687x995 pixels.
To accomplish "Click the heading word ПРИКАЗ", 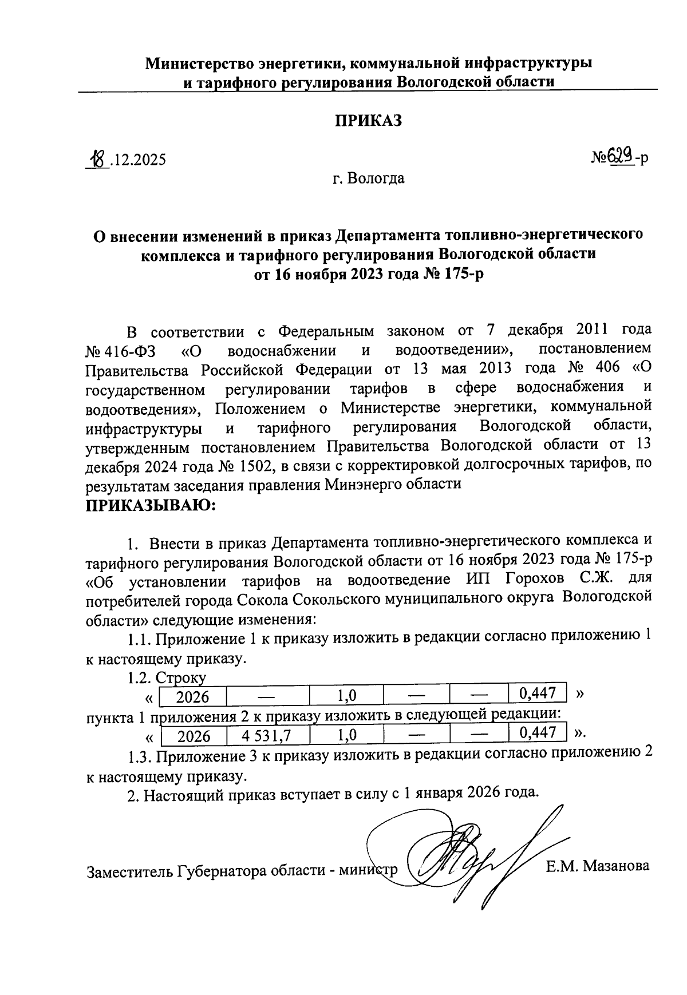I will (368, 121).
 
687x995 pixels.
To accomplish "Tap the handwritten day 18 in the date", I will (97, 158).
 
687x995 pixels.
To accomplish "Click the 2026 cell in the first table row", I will (192, 696).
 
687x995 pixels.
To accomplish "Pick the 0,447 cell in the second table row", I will (537, 732).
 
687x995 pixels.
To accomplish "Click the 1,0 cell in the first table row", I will (346, 696).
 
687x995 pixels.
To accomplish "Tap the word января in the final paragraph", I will (437, 794).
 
